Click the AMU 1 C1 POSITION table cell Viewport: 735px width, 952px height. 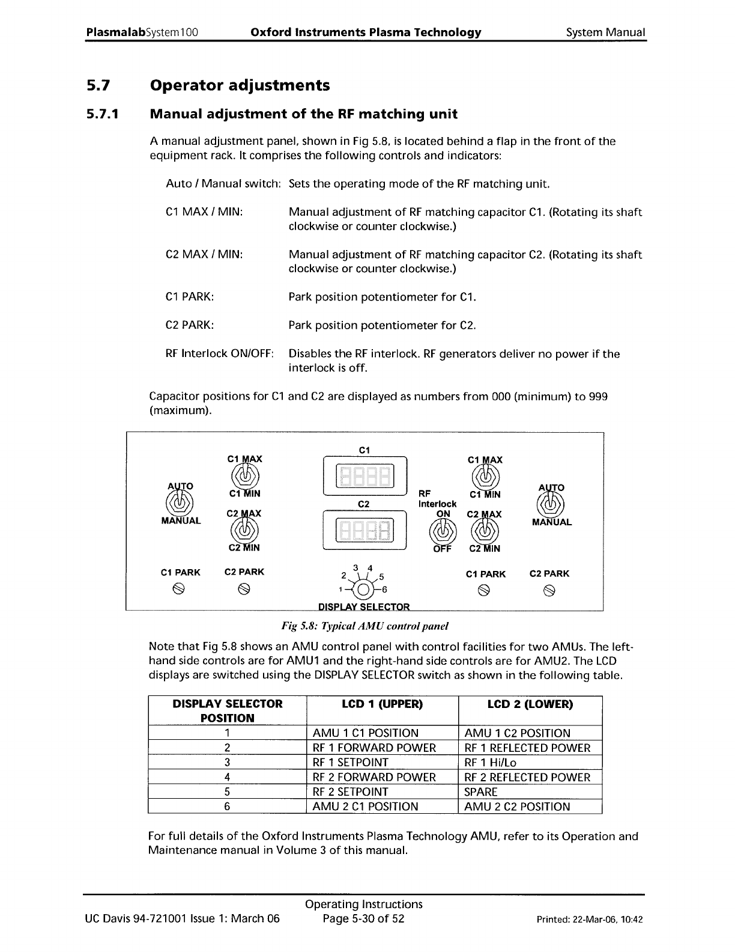[x=366, y=733]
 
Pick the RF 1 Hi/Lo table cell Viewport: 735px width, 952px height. [x=491, y=762]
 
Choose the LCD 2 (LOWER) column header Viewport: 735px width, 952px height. [x=530, y=704]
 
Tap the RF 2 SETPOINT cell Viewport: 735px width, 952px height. [x=351, y=792]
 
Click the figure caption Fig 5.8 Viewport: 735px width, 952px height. [x=365, y=626]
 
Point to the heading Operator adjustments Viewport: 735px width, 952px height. [x=240, y=85]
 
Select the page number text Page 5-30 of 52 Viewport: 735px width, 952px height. [x=363, y=918]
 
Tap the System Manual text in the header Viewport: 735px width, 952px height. [x=605, y=32]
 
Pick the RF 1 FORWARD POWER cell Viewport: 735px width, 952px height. [x=375, y=748]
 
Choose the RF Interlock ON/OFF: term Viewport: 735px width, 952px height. [x=220, y=353]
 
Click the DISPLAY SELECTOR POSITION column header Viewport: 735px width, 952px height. [x=227, y=710]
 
